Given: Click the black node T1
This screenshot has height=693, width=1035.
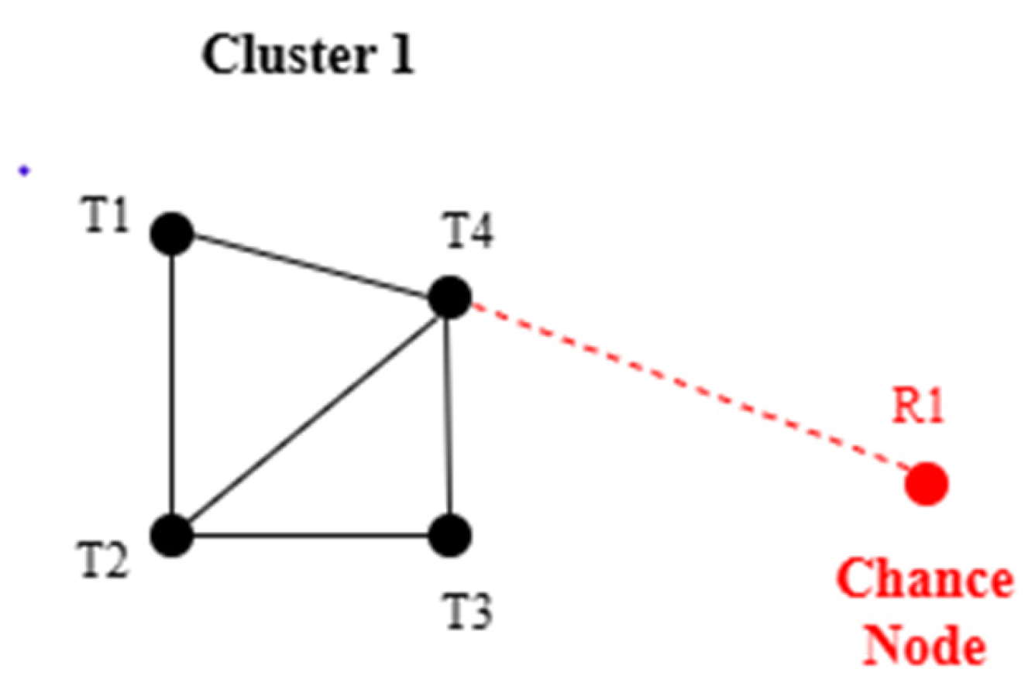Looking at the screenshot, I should tap(171, 233).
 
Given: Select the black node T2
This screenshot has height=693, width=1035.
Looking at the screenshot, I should tap(171, 534).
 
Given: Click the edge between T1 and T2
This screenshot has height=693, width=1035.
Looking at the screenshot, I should tap(171, 383).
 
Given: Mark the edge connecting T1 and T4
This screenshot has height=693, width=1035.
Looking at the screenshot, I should tap(310, 266).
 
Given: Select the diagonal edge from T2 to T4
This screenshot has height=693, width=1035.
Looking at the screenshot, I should tap(310, 416).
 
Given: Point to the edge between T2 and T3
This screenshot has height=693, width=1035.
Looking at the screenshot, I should tap(310, 534).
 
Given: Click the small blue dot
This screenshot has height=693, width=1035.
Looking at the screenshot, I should tap(24, 171).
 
